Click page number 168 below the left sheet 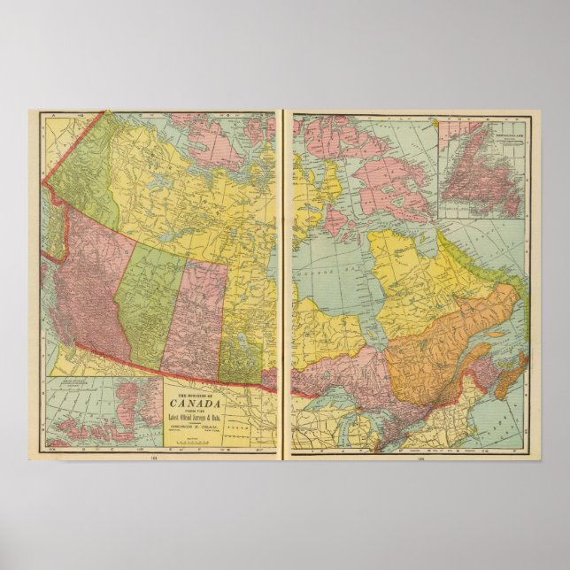tap(154, 458)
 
